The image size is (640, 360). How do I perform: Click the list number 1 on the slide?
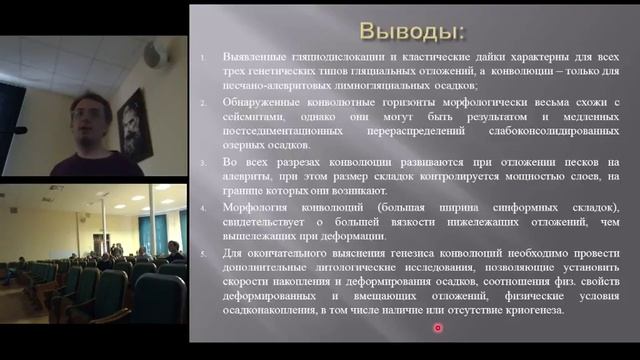(203, 58)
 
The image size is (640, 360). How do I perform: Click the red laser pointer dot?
(438, 327)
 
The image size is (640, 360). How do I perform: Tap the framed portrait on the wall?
(132, 121)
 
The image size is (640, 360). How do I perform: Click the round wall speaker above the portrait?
(152, 58)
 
